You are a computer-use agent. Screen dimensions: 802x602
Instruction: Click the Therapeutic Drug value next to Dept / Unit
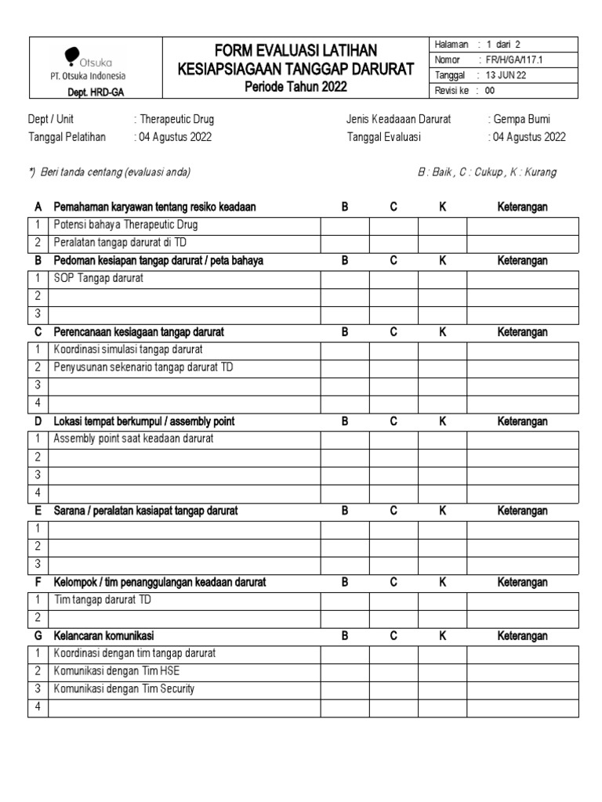[x=176, y=120]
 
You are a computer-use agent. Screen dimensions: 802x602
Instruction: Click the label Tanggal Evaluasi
[x=383, y=136]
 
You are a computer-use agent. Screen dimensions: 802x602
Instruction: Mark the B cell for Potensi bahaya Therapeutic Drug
[x=344, y=226]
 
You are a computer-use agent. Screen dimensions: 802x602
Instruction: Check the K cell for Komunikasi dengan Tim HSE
[x=442, y=671]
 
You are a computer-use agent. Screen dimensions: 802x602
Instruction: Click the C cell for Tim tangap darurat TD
[x=393, y=601]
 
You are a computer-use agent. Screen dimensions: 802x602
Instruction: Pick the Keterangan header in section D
[x=522, y=421]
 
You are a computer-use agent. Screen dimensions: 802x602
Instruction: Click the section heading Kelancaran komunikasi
[x=109, y=636]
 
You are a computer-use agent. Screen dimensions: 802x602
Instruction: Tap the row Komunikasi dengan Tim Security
[x=124, y=689]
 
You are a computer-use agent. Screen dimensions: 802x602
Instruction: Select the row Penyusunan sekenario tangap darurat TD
[x=143, y=367]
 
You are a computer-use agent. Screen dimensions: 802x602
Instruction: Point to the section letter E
[x=38, y=511]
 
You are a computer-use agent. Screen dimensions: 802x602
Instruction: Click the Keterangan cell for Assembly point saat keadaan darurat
[x=522, y=439]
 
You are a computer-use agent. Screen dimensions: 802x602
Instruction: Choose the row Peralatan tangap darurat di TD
[x=120, y=244]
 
